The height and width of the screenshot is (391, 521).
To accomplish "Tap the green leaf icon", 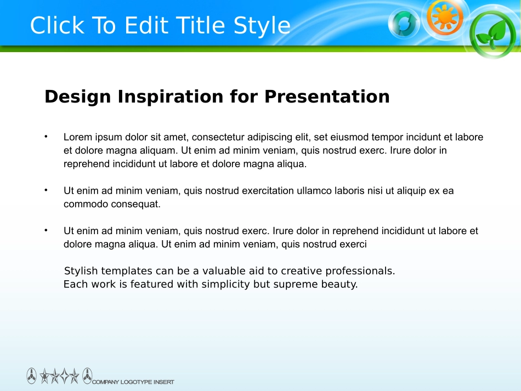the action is (493, 34).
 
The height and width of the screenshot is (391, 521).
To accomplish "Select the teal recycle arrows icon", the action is (404, 23).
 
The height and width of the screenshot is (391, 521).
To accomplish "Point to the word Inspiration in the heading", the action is (171, 97).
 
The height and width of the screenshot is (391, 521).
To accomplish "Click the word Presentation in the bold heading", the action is (327, 97).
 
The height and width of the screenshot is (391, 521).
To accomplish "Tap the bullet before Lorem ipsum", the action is (46, 136).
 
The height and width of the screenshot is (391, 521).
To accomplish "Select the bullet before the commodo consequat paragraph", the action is (46, 190).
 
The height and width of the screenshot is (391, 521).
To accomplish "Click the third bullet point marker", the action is (46, 230).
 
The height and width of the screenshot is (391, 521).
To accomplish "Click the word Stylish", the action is (81, 271).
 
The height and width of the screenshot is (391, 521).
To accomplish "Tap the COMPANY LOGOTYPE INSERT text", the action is (133, 382).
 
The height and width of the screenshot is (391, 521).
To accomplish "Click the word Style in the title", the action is (262, 26).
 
